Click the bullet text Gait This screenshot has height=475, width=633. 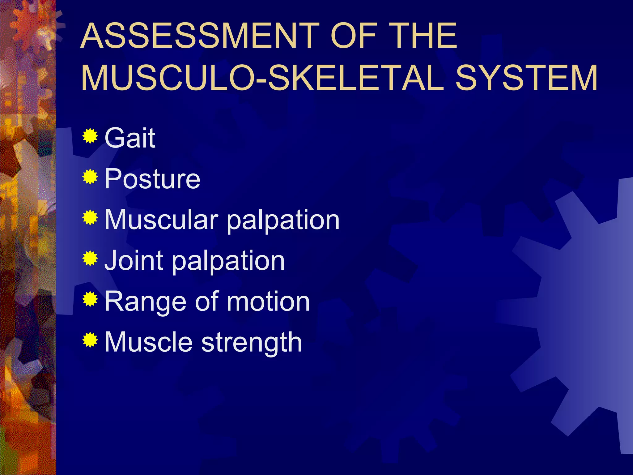coord(130,138)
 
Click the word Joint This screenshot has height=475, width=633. coord(134,260)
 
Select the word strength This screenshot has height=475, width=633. coord(252,343)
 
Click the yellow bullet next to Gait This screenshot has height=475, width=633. coord(90,136)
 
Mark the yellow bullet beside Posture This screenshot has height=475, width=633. coord(90,177)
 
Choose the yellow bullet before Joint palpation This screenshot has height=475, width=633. coord(90,259)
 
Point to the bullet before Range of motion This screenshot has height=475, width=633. coord(90,299)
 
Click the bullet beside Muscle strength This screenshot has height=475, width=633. coord(90,340)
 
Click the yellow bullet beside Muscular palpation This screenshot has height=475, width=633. coord(90,218)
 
